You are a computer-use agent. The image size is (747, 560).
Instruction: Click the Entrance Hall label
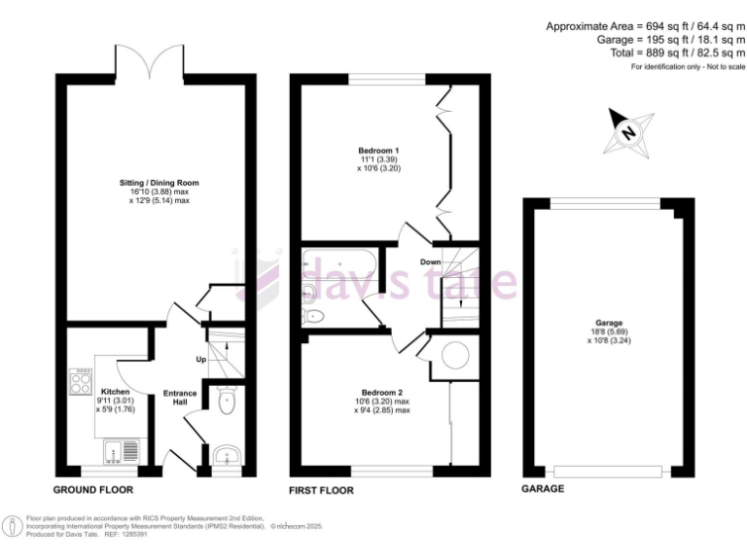coord(180,398)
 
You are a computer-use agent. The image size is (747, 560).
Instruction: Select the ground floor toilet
coord(225,402)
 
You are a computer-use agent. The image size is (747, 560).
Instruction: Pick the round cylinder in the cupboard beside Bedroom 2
coord(453,358)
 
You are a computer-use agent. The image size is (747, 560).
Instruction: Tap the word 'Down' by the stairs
coord(431,262)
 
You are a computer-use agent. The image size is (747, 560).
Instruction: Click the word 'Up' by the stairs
coord(202,360)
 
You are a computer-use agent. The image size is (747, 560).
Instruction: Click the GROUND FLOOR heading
coord(93,490)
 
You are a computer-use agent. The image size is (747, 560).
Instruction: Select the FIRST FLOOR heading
coord(322,490)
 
